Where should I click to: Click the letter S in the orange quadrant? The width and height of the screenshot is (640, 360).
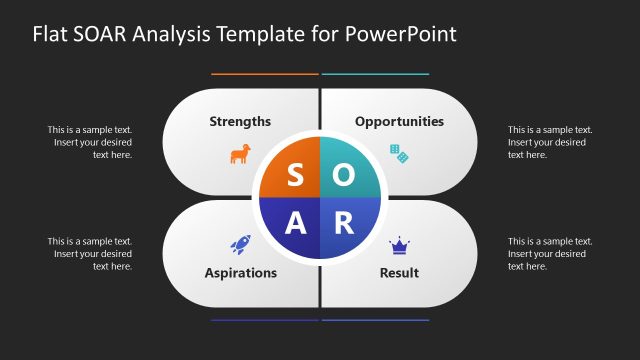point(294,175)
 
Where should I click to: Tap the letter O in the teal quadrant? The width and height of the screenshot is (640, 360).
point(343,175)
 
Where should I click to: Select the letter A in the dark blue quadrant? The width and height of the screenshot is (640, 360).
point(295,224)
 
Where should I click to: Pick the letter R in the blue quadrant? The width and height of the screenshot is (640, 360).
point(343,224)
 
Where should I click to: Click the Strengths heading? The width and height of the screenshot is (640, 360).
point(240,121)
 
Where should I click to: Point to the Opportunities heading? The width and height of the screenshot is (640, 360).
point(399,121)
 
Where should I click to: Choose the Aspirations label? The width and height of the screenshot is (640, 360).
point(240,272)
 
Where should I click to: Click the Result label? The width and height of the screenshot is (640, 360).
point(399,272)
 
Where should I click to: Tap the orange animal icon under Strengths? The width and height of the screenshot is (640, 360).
point(240,154)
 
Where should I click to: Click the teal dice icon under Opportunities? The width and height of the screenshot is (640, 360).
point(399,153)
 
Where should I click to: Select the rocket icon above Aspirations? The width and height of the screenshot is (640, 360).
point(240,243)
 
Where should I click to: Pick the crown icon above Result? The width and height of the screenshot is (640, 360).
point(399,243)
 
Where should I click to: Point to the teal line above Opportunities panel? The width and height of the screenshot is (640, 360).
point(375,74)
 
